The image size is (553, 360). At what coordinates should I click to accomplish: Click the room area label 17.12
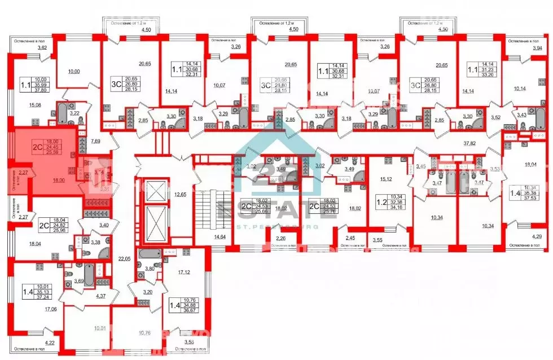(x=183, y=273)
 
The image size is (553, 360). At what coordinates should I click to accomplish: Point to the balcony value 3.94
(x=533, y=48)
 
